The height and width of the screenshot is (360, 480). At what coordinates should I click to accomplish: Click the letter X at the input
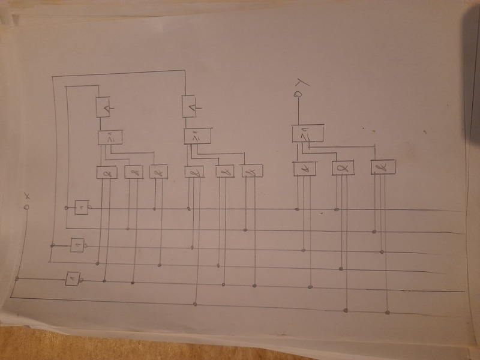(26, 196)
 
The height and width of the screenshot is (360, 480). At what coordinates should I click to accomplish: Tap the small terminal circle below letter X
(26, 207)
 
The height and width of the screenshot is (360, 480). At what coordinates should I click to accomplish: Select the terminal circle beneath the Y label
(297, 94)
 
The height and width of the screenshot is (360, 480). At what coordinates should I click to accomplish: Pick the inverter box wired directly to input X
(72, 279)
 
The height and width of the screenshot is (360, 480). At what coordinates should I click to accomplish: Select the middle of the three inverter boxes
(77, 245)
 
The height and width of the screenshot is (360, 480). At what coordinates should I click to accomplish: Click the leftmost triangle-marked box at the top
(104, 107)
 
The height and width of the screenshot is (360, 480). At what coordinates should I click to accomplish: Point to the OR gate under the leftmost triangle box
(110, 138)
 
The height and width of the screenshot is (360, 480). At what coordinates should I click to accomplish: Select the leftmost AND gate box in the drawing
(106, 172)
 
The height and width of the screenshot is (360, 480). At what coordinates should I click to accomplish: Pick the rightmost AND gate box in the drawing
(382, 167)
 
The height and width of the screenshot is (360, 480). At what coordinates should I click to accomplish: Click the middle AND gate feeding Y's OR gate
(343, 168)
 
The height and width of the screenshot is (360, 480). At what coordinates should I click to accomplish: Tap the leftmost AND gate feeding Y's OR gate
(304, 169)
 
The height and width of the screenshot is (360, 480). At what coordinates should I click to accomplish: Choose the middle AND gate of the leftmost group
(133, 172)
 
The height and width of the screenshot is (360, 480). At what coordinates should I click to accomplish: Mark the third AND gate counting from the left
(158, 172)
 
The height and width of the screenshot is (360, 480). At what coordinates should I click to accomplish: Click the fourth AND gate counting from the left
(193, 172)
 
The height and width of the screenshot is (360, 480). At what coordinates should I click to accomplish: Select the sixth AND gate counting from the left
(252, 172)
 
